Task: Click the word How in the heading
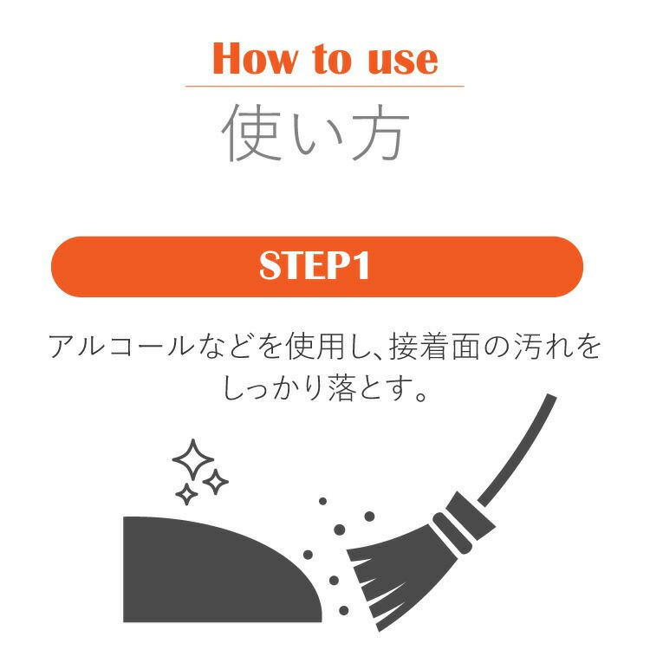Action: (x=255, y=58)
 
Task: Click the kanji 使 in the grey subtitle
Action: (x=250, y=133)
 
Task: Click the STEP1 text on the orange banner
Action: (x=315, y=266)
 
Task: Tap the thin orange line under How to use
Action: (x=325, y=86)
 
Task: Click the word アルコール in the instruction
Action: (x=121, y=347)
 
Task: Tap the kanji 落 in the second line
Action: (x=341, y=388)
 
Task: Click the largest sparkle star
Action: (x=192, y=459)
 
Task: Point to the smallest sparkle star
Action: (x=186, y=494)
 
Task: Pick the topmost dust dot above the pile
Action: (x=323, y=501)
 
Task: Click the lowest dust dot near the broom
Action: (x=344, y=610)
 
